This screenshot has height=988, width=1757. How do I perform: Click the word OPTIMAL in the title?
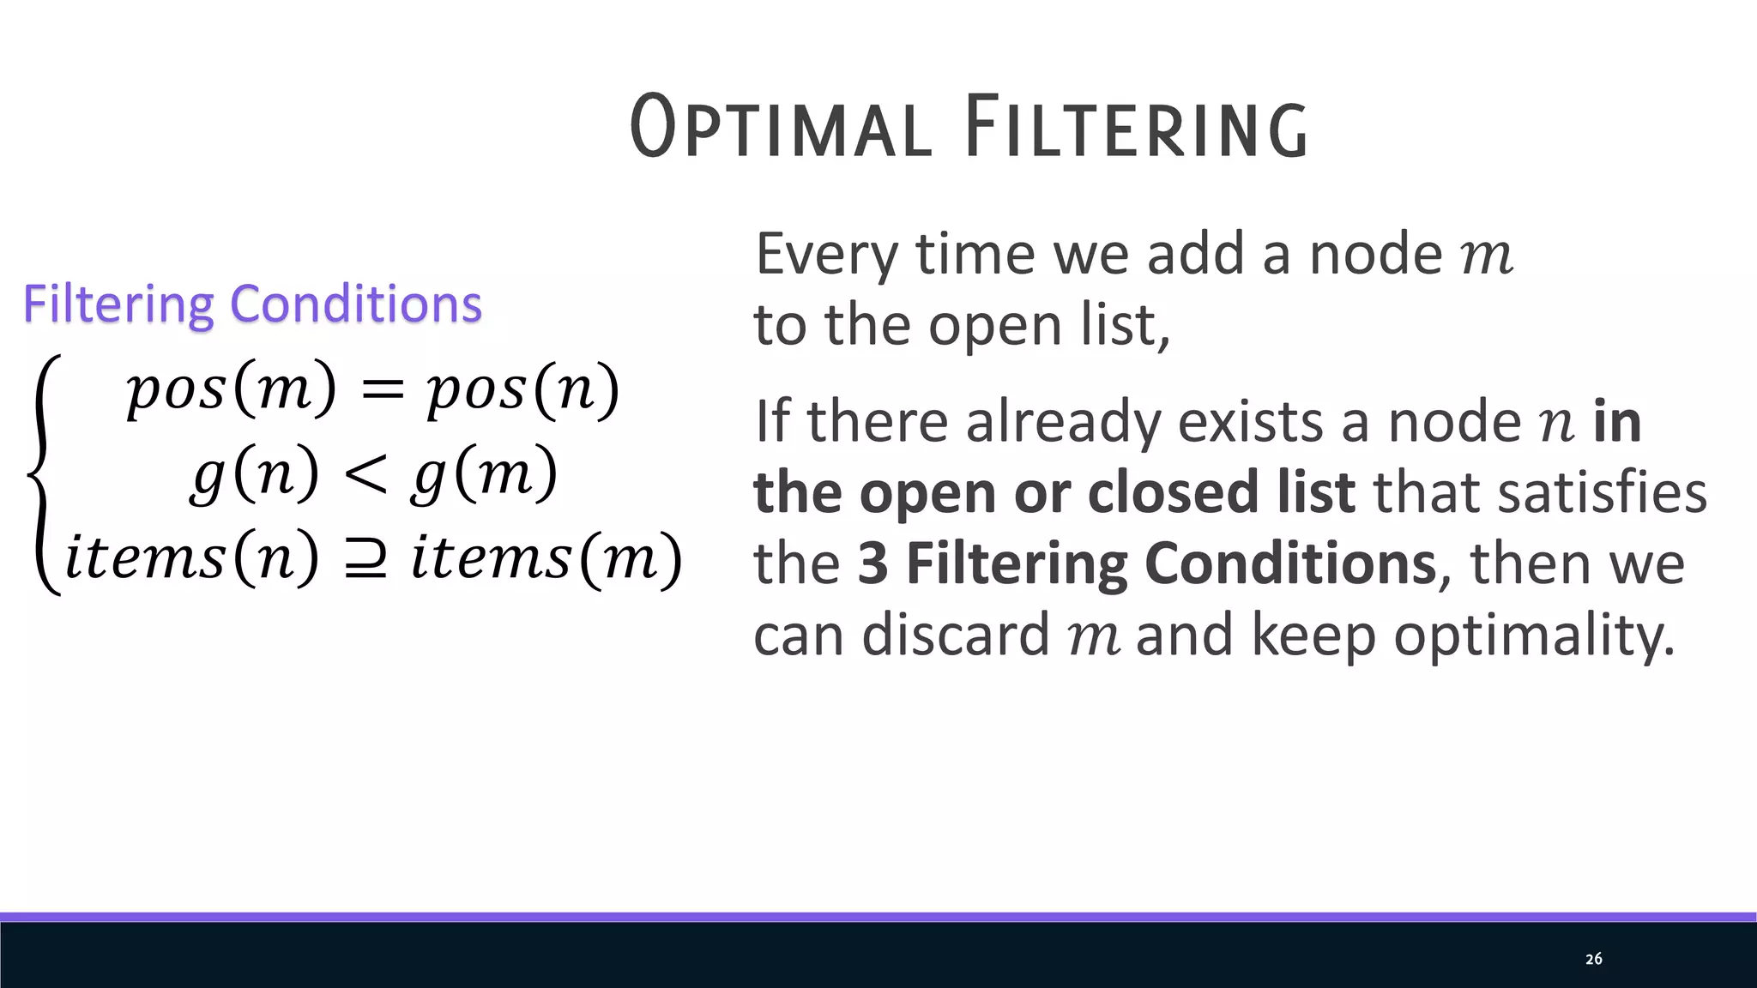coord(781,127)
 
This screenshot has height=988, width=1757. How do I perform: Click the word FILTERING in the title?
coord(1136,127)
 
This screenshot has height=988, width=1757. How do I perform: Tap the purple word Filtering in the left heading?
coord(118,304)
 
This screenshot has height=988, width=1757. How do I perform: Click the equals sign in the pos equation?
coord(382,390)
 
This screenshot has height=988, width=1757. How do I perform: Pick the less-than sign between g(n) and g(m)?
coord(365,474)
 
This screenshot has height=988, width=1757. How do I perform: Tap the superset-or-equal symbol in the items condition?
coord(365,559)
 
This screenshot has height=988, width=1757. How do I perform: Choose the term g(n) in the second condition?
coord(255,474)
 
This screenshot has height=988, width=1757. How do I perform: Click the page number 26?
coord(1593,959)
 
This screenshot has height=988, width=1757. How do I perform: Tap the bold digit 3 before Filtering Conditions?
coord(872,563)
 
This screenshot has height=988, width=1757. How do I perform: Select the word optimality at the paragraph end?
coord(1533,636)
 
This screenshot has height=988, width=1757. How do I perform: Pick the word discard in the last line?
coord(956,636)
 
